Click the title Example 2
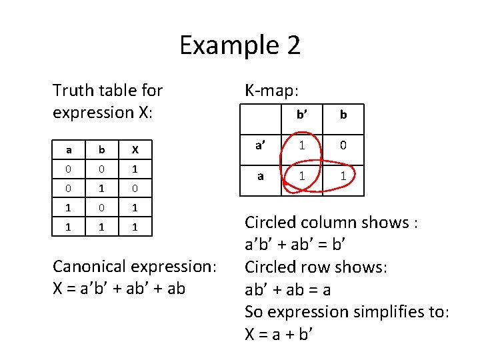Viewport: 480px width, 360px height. (240, 45)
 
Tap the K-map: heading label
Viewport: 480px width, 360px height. (273, 89)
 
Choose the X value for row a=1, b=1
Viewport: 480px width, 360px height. (134, 227)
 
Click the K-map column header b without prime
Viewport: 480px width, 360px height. (343, 115)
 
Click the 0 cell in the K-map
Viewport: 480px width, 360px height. (343, 145)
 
